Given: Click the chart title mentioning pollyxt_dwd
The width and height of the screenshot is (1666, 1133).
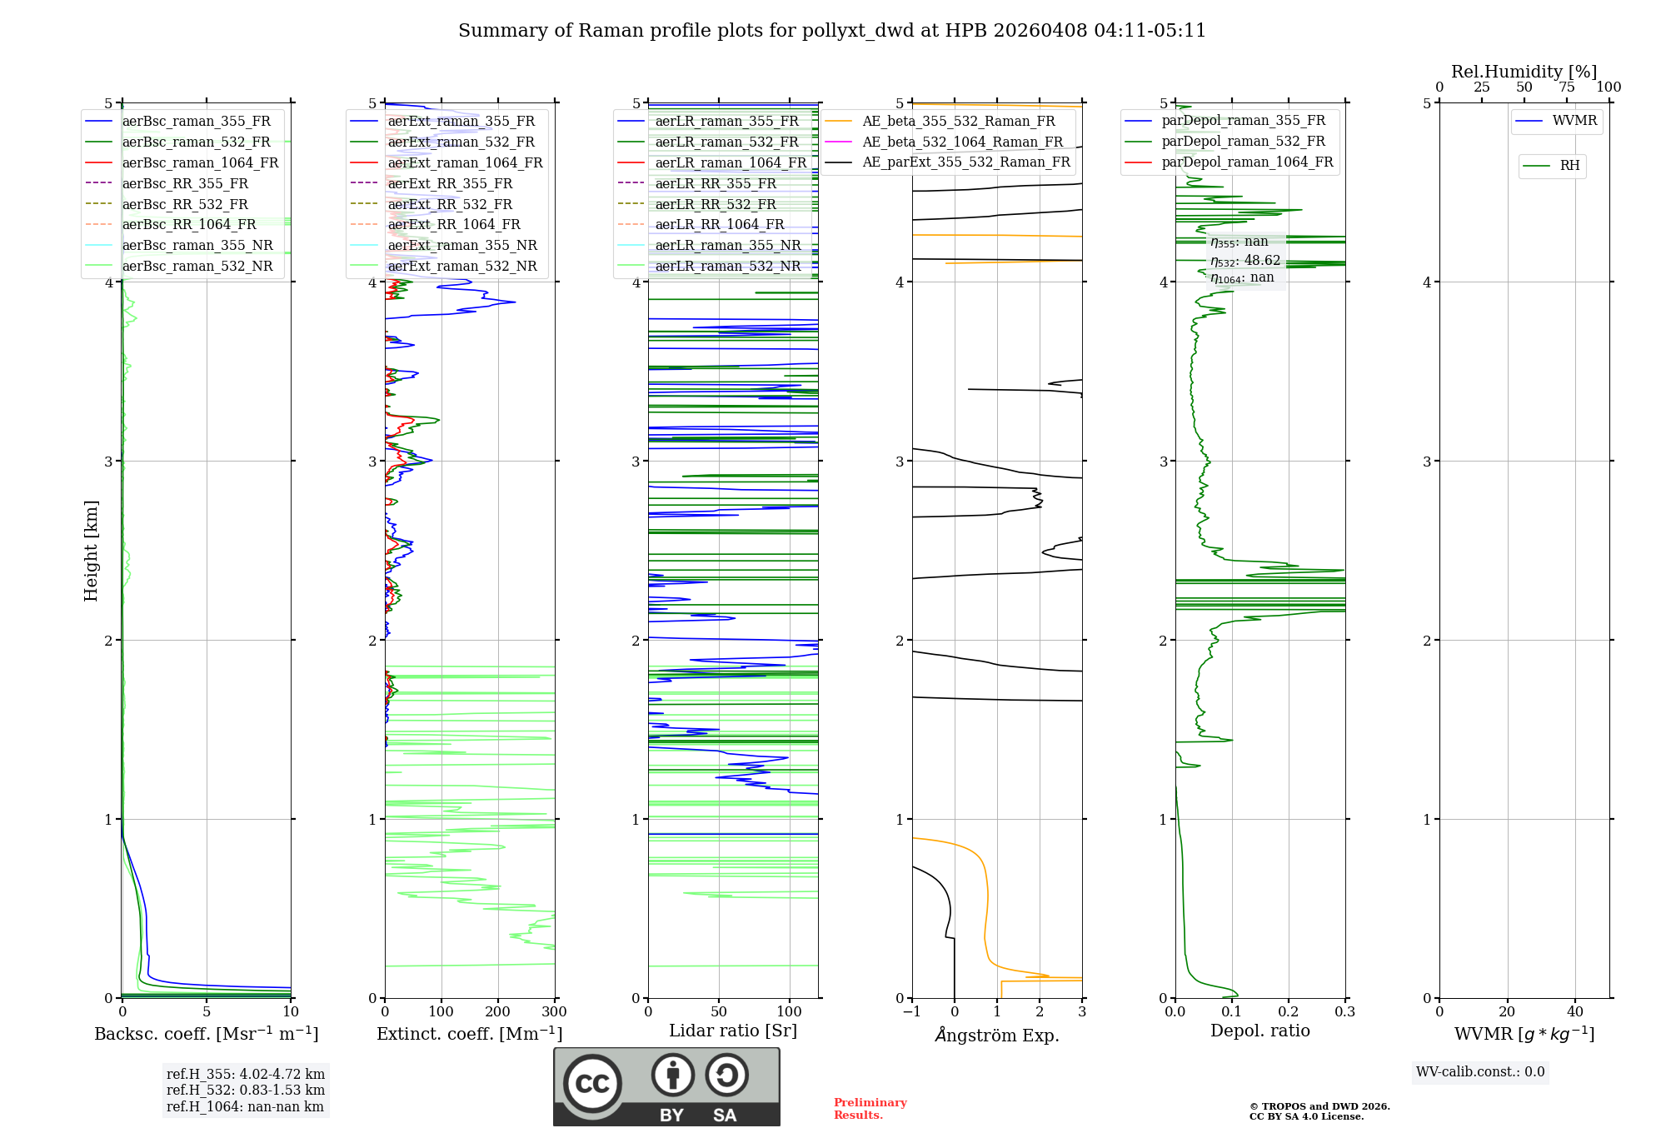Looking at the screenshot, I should point(831,31).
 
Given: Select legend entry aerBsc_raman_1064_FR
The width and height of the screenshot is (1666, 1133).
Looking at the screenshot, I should point(200,163).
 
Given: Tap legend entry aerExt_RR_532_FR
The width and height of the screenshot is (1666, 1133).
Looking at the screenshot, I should point(450,204).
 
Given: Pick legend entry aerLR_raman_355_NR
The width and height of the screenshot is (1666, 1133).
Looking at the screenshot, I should point(727,246).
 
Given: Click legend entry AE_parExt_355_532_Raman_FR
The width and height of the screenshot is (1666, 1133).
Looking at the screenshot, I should point(965,162).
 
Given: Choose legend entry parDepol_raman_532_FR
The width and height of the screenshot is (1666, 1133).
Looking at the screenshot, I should point(1243,142).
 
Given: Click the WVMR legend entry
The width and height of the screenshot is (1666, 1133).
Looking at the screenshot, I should point(1574,121).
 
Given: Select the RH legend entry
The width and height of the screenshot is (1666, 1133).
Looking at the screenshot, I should point(1569,166).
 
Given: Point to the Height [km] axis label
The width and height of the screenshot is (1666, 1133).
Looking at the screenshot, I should point(92,551).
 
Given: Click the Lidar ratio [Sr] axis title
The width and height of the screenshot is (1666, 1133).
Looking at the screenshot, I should point(733,1031).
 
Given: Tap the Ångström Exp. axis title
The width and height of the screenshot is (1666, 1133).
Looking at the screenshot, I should point(997,1036).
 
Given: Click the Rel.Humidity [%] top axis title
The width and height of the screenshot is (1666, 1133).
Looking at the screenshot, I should point(1524,72).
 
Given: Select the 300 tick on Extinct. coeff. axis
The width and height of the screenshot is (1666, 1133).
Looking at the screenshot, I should point(555,1012).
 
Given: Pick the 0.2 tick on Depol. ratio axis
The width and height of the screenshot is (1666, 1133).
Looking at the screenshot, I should point(1289,1012).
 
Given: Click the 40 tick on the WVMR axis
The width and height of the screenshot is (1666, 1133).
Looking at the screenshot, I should point(1575,1012).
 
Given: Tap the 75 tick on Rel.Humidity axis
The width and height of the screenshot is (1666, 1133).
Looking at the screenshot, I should point(1567,87).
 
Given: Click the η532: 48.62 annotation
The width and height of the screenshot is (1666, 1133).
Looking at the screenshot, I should point(1245,261).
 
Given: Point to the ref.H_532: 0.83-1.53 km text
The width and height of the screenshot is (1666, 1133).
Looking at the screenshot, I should point(246,1091).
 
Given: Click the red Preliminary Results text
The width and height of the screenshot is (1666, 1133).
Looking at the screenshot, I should point(870,1109).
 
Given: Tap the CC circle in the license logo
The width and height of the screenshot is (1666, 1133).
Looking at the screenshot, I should point(592,1084).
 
